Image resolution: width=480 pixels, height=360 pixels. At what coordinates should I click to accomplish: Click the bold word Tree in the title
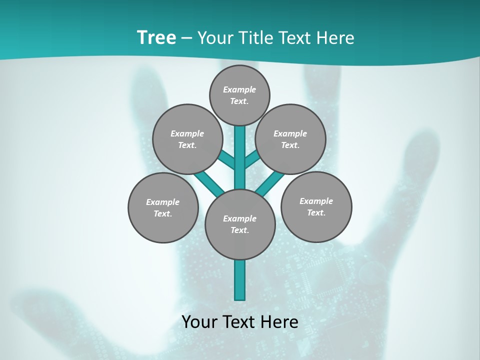(156, 38)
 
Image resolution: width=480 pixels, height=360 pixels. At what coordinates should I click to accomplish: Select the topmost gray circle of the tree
(239, 95)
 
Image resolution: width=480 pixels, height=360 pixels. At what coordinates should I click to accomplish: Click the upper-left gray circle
(187, 139)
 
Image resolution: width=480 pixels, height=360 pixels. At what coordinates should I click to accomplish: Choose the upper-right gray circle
(290, 139)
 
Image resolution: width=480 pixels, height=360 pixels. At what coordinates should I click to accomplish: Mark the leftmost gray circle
(163, 207)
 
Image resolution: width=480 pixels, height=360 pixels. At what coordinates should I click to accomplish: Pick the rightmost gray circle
(316, 206)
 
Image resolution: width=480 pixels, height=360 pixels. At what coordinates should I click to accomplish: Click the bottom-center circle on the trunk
(240, 224)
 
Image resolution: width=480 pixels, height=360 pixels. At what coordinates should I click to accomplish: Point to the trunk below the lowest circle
(240, 280)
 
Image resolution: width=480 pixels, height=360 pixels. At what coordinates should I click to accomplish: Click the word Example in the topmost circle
(239, 89)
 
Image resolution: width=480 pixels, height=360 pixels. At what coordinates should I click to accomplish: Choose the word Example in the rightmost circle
(316, 201)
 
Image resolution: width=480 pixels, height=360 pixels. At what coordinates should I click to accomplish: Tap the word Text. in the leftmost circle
(163, 213)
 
